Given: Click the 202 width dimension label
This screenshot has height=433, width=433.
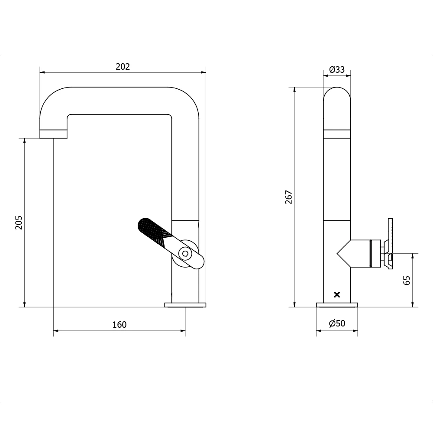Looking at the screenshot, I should point(123,66).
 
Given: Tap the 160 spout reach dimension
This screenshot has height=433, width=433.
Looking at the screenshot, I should point(120,325).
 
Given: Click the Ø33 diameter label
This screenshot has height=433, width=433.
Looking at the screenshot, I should point(337,69).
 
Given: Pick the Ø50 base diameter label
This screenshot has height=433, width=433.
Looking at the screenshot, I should point(337,323).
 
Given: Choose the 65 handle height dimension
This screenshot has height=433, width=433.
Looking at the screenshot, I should point(406,280).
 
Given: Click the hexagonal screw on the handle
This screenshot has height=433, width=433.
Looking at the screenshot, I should point(185,254).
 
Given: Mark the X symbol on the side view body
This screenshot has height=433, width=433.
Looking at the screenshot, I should point(337,295).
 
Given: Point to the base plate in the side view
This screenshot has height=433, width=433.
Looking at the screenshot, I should point(337,305).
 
